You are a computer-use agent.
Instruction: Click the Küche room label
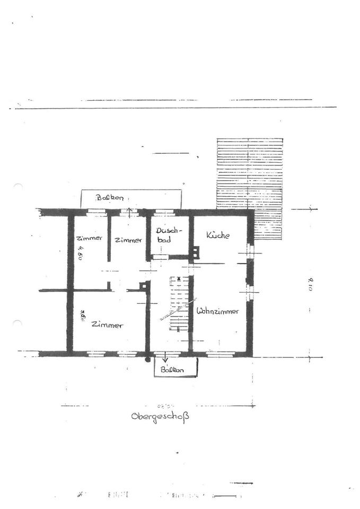(218, 235)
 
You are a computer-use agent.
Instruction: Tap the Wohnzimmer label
(217, 311)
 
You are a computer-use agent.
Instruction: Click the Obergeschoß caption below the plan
(160, 416)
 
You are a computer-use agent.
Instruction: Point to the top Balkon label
(110, 198)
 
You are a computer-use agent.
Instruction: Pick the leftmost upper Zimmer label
(89, 238)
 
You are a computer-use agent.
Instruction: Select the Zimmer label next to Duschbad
(128, 240)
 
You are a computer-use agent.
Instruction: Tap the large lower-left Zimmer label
(107, 325)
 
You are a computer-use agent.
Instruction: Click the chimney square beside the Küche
(196, 253)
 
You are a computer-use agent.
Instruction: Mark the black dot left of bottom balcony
(148, 359)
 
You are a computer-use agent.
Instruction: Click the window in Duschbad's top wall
(164, 213)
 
